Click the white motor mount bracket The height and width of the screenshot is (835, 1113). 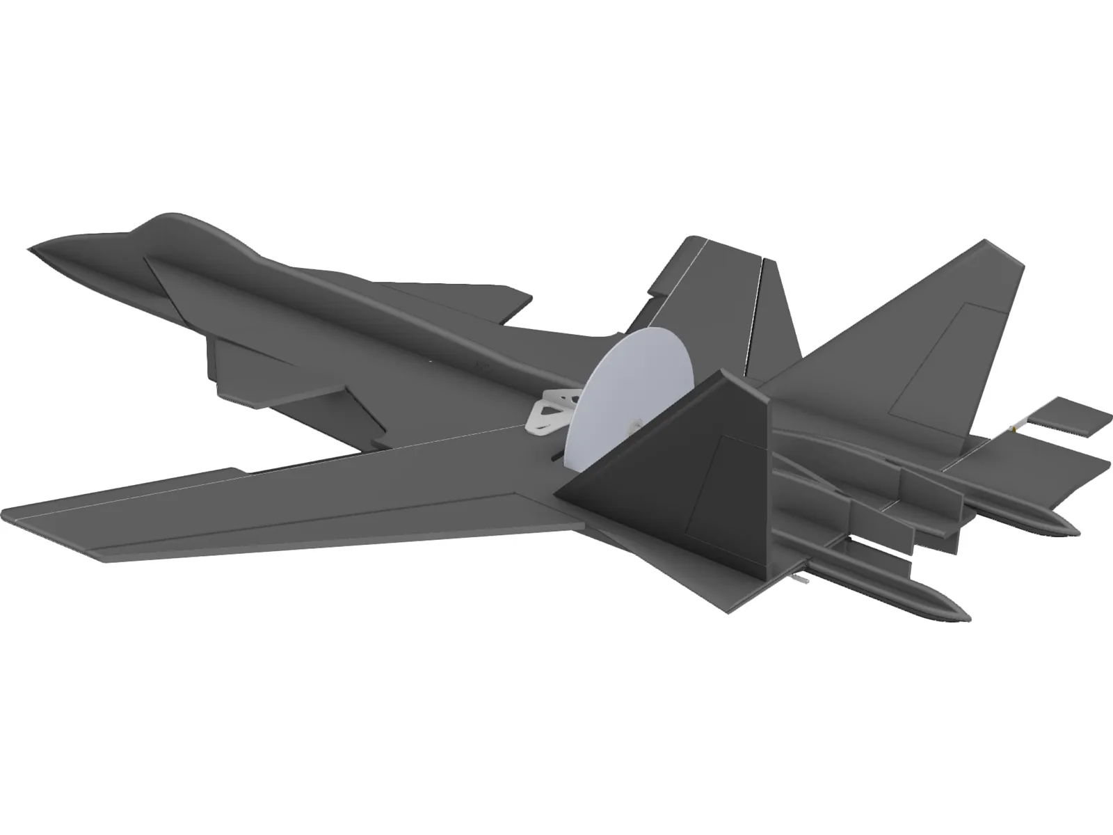553,411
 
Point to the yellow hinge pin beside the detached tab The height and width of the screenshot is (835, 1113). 1017,429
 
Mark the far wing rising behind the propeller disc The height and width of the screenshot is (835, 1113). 703,292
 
